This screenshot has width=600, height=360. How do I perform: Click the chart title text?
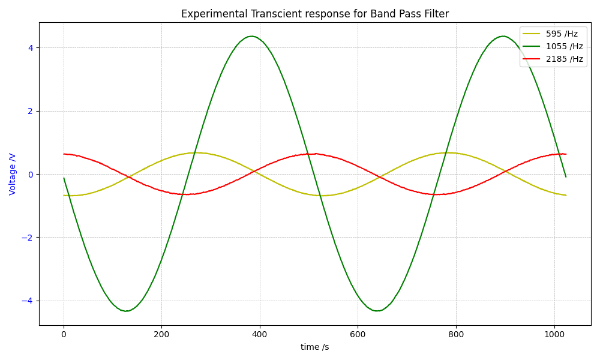point(314,14)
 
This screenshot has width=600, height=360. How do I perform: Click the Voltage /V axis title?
point(13,174)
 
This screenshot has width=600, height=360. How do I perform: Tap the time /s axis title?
point(314,347)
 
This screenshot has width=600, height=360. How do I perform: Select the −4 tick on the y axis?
point(27,301)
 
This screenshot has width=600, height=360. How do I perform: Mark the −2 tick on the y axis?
point(27,238)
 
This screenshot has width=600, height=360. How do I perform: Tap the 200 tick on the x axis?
point(161,334)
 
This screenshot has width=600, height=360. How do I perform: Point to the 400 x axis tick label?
point(260,334)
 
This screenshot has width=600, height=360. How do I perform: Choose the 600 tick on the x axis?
point(358,334)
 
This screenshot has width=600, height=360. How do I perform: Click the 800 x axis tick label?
point(456,334)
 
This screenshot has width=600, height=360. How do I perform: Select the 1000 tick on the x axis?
point(554,334)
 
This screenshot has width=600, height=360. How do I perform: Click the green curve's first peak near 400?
point(252,36)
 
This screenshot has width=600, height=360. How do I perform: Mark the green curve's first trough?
point(127,311)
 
